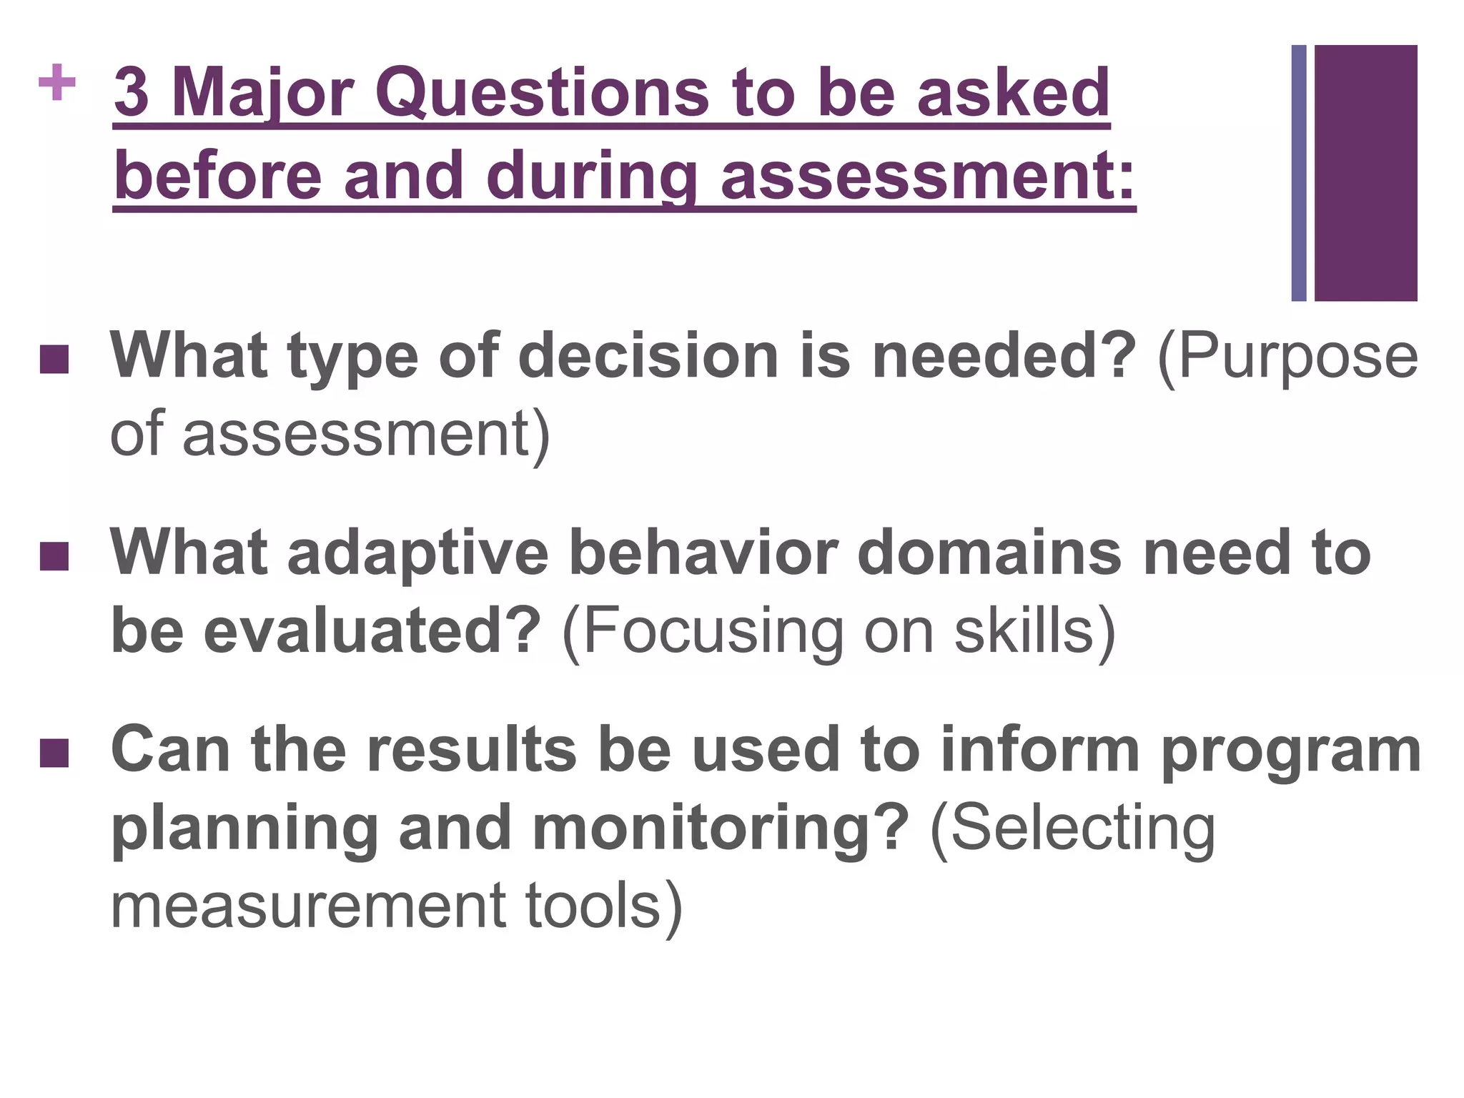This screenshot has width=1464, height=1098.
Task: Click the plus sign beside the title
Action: (x=57, y=84)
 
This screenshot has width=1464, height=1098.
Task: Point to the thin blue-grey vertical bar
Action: (x=1299, y=173)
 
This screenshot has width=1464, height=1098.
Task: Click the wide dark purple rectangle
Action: (x=1365, y=173)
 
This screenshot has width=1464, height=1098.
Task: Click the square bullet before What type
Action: (x=54, y=360)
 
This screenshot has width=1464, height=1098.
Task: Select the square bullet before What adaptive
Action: (x=54, y=557)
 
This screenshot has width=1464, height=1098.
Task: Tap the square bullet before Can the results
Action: (x=54, y=753)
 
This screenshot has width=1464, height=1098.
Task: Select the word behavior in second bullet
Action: (x=703, y=553)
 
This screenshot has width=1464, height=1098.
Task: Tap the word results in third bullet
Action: (x=471, y=750)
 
